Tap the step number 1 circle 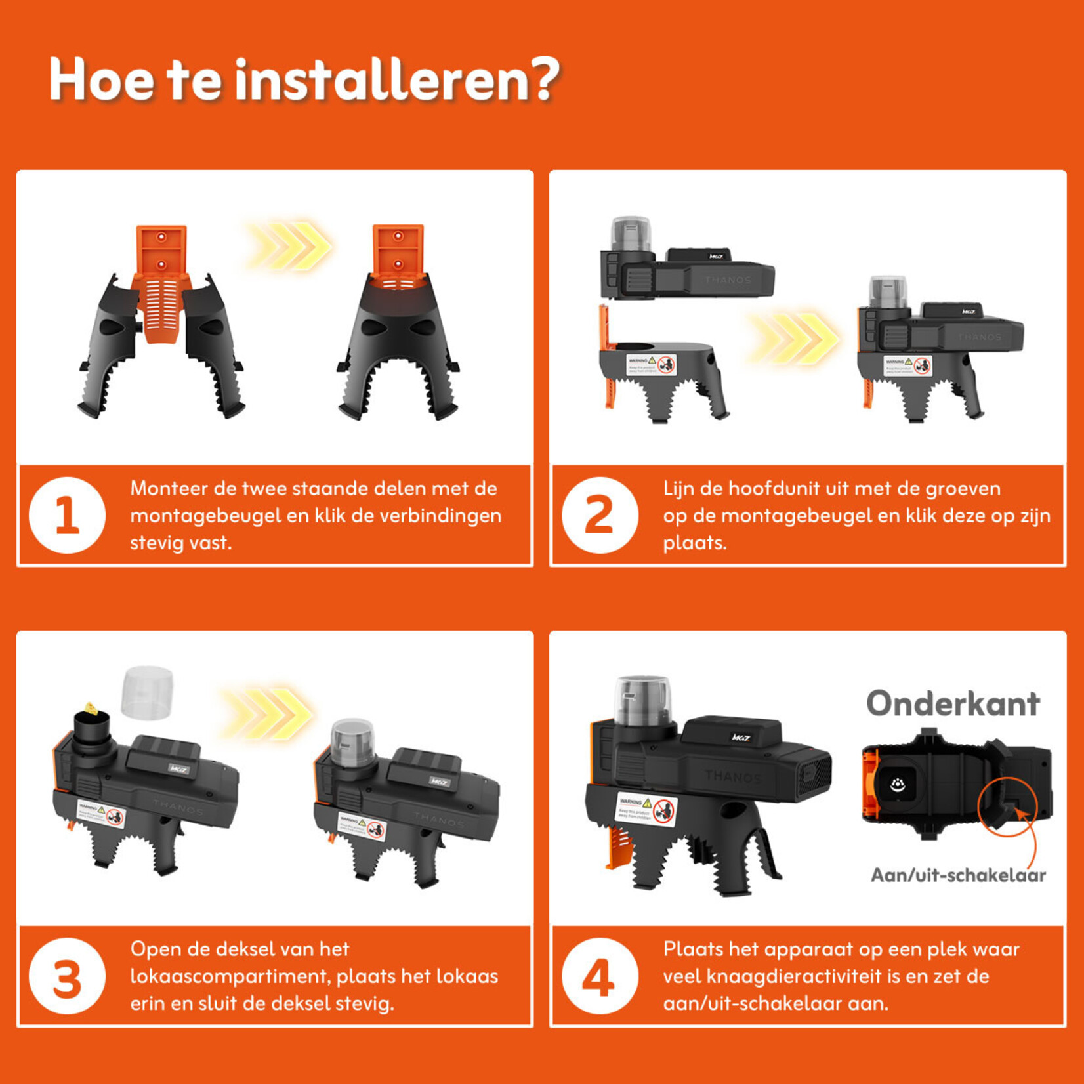[67, 515]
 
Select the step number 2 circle [600, 515]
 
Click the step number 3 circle [67, 976]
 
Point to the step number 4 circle [600, 976]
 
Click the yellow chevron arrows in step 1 [289, 246]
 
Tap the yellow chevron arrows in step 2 [795, 339]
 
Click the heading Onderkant [953, 704]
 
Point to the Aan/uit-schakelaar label [957, 875]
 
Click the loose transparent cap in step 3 [148, 693]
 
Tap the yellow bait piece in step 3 [91, 709]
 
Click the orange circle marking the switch [1007, 806]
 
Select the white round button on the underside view [897, 783]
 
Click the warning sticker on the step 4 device [646, 809]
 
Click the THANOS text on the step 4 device [733, 777]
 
